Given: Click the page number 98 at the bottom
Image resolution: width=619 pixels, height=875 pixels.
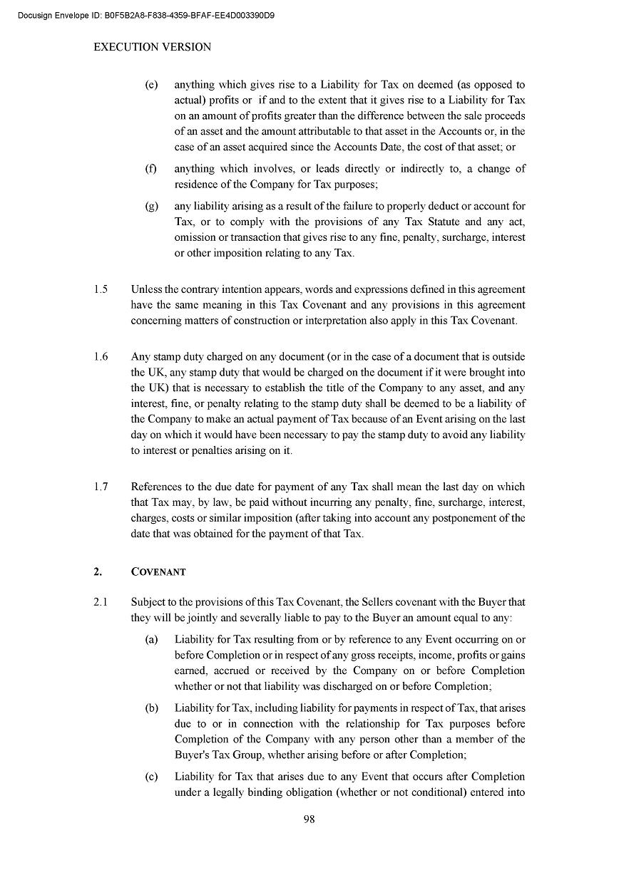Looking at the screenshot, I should (309, 819).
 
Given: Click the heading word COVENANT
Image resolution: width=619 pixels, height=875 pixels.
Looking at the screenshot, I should (158, 572).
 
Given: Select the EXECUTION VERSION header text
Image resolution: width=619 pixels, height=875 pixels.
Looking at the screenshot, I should (153, 48).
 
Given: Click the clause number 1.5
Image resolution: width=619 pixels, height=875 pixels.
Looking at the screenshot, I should (101, 289).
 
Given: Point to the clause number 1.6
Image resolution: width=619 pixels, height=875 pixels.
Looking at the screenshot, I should (101, 356).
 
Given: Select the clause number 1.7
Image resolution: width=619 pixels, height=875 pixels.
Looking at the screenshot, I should (101, 487).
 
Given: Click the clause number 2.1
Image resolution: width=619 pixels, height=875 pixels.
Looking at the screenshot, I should (101, 603).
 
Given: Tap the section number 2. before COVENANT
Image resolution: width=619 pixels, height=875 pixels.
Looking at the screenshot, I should (98, 572).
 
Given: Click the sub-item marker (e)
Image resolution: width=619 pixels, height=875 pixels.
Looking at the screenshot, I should (151, 85).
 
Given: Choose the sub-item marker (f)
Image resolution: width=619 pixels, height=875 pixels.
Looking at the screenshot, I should (151, 169).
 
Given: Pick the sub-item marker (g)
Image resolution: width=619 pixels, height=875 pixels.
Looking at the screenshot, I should (151, 207).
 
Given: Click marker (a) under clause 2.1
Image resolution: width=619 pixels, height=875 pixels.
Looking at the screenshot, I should (151, 640).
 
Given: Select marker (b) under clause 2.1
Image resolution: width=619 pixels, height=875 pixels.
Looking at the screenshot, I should (151, 708).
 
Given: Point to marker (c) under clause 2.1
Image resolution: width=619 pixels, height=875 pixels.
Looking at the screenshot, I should (151, 777).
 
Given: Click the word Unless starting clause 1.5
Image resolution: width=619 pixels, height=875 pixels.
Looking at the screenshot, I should (146, 289).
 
